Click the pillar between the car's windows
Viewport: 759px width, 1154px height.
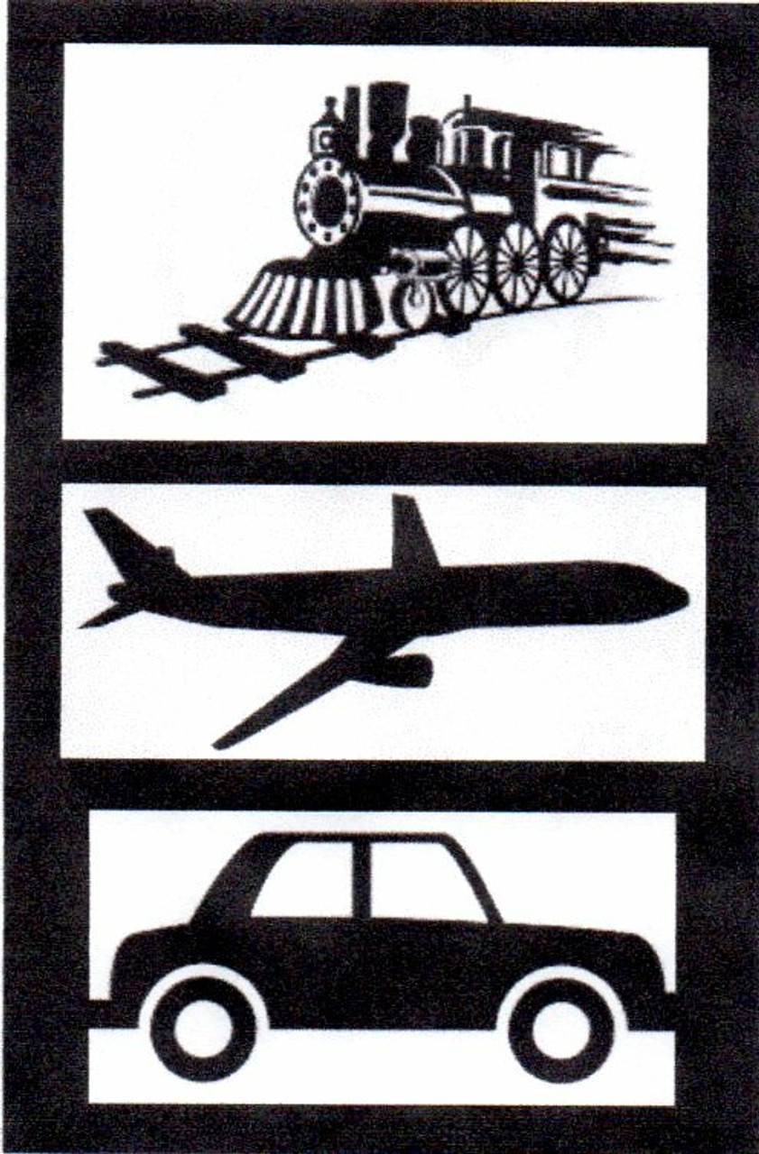pos(362,879)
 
